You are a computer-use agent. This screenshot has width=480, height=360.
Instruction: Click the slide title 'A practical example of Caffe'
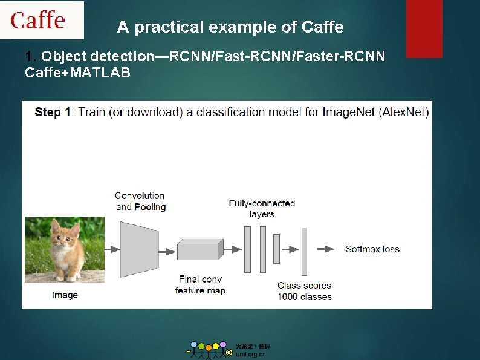pyautogui.click(x=230, y=27)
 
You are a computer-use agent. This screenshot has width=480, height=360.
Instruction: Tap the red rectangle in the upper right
pyautogui.click(x=424, y=28)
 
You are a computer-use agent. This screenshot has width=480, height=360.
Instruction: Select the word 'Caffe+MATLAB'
pyautogui.click(x=77, y=73)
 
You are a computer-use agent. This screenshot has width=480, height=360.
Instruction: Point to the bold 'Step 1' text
pyautogui.click(x=53, y=112)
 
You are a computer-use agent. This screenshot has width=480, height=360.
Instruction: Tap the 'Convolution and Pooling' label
pyautogui.click(x=140, y=201)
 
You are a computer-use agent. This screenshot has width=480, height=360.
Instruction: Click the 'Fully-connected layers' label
pyautogui.click(x=261, y=209)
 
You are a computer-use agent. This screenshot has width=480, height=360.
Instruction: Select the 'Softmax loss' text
pyautogui.click(x=372, y=249)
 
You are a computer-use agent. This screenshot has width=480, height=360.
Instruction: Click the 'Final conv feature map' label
pyautogui.click(x=200, y=285)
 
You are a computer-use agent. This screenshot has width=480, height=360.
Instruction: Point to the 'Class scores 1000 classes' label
pyautogui.click(x=305, y=291)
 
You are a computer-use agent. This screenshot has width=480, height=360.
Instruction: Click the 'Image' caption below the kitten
pyautogui.click(x=65, y=295)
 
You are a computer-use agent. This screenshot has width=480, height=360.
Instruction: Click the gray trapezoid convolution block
pyautogui.click(x=138, y=249)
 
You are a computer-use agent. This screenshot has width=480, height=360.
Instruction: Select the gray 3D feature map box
pyautogui.click(x=199, y=249)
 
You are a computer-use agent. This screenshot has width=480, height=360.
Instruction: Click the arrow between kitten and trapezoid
pyautogui.click(x=112, y=249)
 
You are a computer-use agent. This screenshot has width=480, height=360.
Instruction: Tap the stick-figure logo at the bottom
pyautogui.click(x=209, y=350)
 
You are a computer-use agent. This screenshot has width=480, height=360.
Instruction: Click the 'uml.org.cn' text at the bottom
pyautogui.click(x=250, y=355)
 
